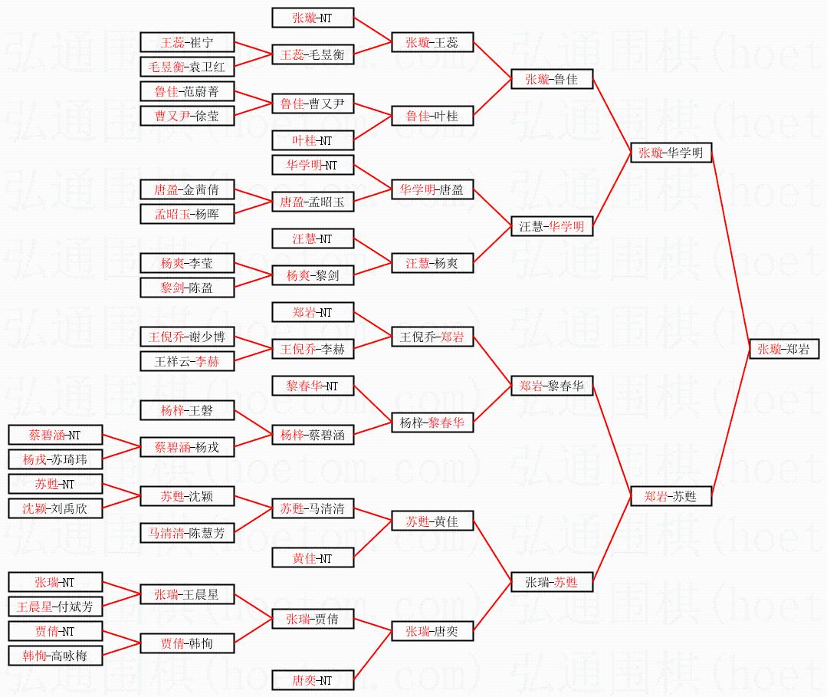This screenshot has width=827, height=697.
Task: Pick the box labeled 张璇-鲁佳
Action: click(552, 79)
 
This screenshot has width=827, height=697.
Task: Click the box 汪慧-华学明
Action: click(552, 226)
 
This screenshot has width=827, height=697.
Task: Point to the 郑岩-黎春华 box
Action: click(552, 386)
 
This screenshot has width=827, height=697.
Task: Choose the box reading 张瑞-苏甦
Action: click(552, 582)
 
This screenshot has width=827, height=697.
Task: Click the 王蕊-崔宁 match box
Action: click(186, 42)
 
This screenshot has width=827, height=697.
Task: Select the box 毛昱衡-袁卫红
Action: click(186, 67)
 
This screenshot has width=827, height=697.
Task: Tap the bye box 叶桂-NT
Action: click(313, 140)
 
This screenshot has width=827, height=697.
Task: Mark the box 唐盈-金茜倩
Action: click(186, 189)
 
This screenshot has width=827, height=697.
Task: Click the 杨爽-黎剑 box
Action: click(313, 275)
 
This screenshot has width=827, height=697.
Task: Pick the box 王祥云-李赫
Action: click(186, 361)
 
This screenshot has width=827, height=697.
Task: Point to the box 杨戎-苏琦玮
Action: click(54, 459)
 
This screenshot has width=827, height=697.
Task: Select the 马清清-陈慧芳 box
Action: click(186, 533)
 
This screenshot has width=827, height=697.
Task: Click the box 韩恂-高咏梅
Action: click(54, 656)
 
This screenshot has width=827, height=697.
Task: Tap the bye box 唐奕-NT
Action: click(313, 680)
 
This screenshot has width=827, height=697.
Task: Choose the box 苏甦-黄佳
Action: click(432, 522)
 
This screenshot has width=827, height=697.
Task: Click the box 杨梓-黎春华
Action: click(432, 422)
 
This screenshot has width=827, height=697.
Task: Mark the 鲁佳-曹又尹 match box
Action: click(313, 104)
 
